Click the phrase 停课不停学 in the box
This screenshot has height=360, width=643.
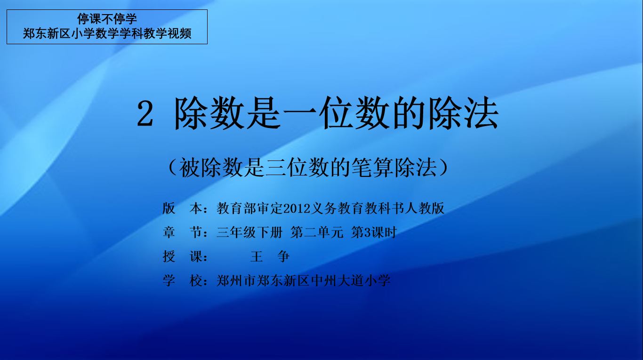107,19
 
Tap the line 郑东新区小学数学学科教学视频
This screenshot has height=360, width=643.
107,33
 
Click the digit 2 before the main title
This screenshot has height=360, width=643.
145,114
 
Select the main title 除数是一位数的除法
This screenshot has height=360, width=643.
337,113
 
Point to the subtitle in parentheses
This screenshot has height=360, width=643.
308,168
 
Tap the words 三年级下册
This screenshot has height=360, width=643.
249,232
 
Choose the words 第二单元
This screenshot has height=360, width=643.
317,232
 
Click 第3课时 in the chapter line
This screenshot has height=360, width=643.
374,232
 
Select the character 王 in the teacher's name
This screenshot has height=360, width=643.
257,256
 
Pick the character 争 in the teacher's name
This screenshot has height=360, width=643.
283,256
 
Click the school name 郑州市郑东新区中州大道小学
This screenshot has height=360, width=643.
304,280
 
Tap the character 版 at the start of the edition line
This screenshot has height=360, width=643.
169,208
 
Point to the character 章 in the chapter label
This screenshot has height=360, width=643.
169,232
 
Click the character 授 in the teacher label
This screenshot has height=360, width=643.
169,256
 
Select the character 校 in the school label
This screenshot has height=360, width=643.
195,280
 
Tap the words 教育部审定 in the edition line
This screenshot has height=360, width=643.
249,208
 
